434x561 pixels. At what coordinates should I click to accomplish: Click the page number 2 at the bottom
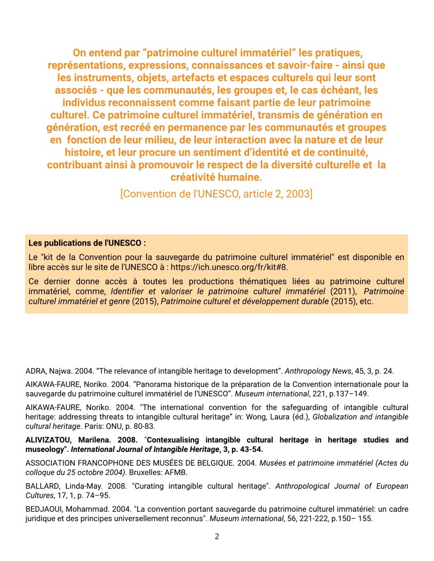coord(217,536)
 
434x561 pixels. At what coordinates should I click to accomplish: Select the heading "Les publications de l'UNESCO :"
coord(87,243)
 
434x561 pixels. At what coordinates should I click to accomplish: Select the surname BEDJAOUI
coord(46,509)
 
